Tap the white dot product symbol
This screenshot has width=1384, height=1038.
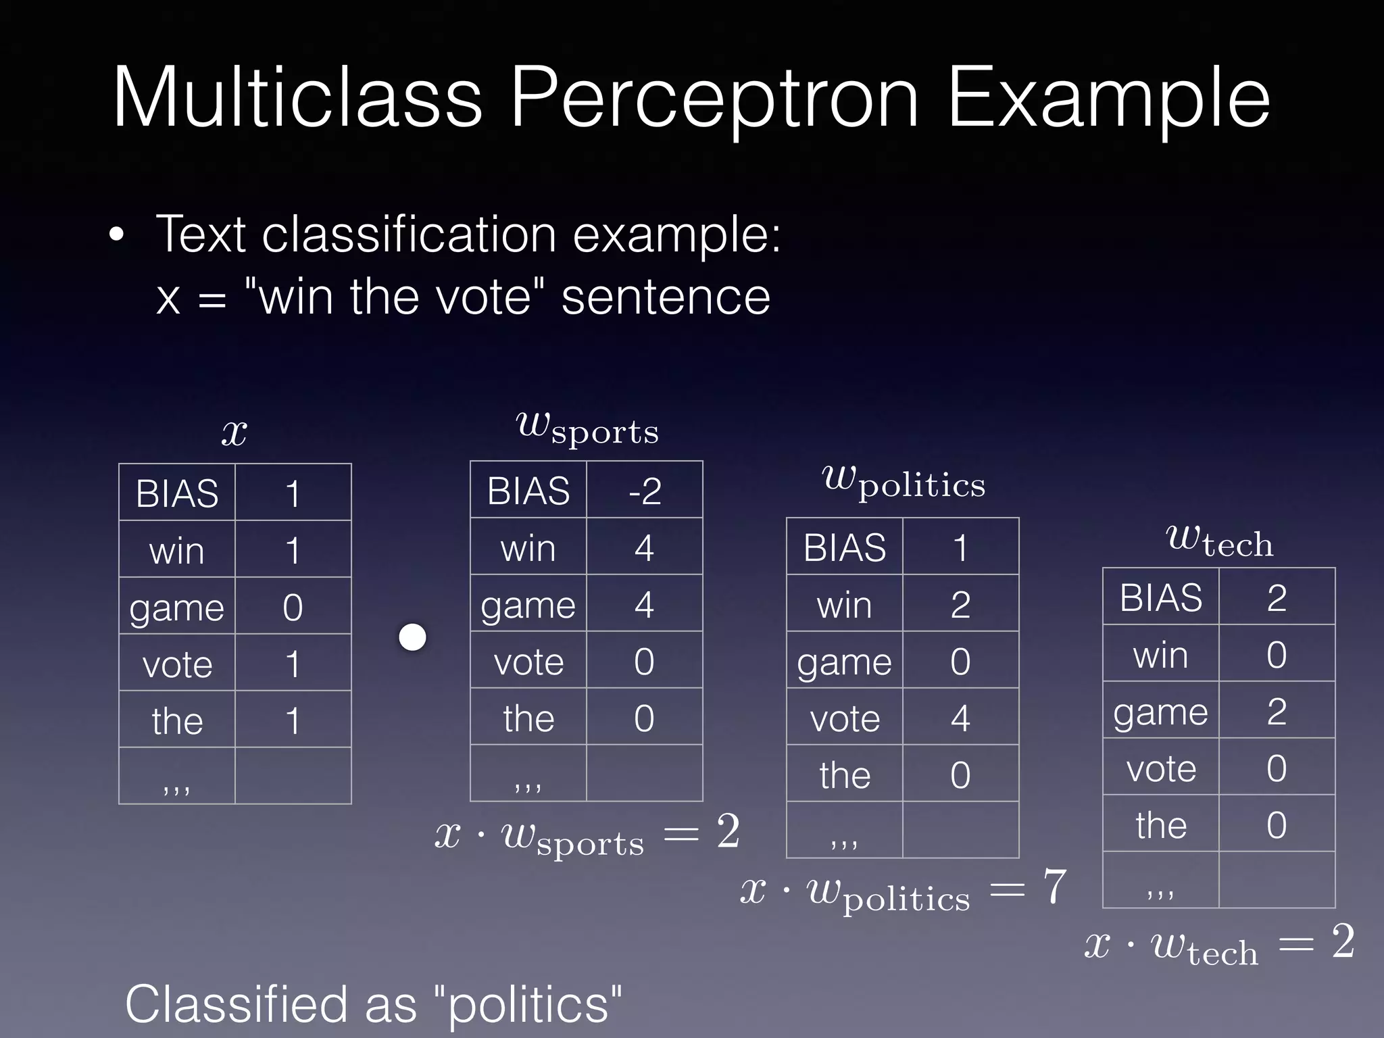(412, 637)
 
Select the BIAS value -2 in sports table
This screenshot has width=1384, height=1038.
(644, 491)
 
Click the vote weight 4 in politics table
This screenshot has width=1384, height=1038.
(960, 718)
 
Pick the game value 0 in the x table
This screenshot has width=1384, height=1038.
(293, 607)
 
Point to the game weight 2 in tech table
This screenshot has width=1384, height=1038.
(1277, 711)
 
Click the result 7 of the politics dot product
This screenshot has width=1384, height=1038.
(1054, 887)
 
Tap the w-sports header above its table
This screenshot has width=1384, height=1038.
(587, 428)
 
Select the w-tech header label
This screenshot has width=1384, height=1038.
(1219, 541)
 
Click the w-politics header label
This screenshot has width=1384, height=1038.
(903, 483)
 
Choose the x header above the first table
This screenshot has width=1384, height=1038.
(234, 432)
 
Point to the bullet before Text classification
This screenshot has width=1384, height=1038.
(117, 236)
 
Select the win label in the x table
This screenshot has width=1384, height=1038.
(176, 550)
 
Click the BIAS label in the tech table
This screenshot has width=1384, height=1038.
(1160, 597)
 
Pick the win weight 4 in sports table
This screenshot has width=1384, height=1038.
(644, 547)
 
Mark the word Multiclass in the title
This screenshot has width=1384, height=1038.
(297, 98)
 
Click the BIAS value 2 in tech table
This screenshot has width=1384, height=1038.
(1277, 597)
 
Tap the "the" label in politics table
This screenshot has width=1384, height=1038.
(845, 774)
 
